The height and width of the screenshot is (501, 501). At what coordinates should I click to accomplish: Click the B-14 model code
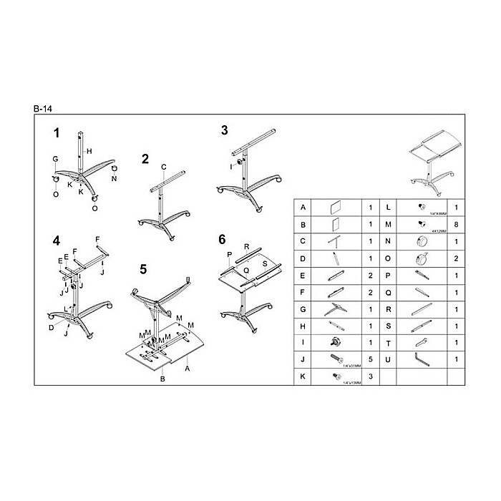pos(42,108)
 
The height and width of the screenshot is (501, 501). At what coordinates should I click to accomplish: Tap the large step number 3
pos(224,130)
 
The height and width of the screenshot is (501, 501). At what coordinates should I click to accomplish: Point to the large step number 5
pos(143,270)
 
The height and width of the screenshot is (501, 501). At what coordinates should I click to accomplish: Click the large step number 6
pos(223,238)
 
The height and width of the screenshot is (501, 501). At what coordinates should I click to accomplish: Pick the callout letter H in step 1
pos(89,151)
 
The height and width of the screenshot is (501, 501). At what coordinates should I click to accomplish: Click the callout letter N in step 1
pos(114,179)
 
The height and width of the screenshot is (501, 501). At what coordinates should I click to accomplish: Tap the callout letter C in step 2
pos(163,167)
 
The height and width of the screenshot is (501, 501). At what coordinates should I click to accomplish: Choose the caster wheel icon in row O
pos(420,258)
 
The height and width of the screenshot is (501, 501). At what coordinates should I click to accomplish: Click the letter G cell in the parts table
pos(303,308)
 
